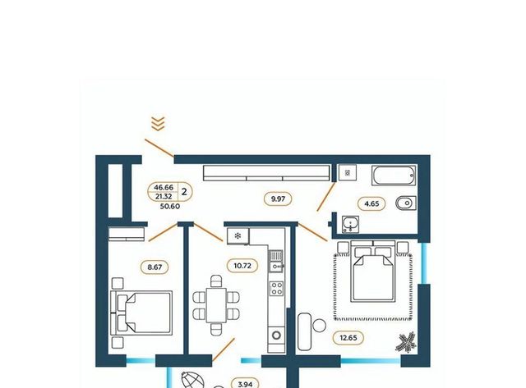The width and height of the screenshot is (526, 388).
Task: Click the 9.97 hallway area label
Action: (278, 199)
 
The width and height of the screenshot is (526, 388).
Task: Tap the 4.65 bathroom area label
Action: (371, 203)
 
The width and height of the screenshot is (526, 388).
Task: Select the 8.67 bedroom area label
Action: (155, 267)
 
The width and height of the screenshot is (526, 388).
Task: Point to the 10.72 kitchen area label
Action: (242, 266)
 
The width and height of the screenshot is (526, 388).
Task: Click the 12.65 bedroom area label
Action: (348, 338)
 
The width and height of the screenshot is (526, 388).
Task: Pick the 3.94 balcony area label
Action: (245, 385)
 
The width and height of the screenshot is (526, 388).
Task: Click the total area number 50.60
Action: (170, 207)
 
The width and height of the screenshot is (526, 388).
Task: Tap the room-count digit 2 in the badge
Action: (184, 192)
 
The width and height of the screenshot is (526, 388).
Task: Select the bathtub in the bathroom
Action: (394, 175)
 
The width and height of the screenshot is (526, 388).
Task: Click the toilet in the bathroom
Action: (406, 203)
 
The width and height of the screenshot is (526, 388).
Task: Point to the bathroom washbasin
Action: (351, 224)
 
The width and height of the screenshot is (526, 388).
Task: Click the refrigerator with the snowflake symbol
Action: (238, 236)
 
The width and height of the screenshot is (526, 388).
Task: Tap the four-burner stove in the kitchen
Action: (277, 288)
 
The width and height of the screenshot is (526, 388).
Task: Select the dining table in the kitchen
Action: (216, 305)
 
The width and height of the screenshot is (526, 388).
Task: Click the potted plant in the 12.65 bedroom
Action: (406, 342)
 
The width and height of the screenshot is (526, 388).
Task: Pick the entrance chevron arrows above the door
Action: (158, 124)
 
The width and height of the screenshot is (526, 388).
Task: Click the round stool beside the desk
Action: (319, 326)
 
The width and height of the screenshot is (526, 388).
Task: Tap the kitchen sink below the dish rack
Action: (277, 267)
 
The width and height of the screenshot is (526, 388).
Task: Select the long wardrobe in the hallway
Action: (266, 173)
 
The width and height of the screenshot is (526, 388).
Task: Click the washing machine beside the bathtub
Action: (347, 173)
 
